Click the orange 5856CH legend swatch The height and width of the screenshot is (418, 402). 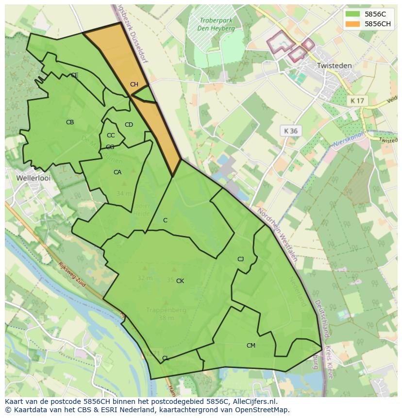click(x=353, y=24)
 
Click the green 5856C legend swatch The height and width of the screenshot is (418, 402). click(x=353, y=14)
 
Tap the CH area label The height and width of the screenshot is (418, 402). click(x=134, y=84)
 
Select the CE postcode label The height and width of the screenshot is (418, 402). click(x=74, y=75)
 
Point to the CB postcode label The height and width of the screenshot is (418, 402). click(x=70, y=122)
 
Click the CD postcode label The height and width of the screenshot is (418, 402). click(x=129, y=125)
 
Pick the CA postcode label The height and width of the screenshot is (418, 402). click(x=117, y=172)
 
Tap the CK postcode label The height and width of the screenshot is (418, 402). click(x=180, y=281)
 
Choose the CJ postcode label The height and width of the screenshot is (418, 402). click(x=240, y=259)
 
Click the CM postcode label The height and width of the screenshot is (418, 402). click(x=251, y=346)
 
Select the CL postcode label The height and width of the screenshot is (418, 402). click(x=166, y=358)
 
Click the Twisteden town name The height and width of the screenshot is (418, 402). click(x=334, y=65)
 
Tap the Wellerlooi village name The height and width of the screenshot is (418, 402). click(x=33, y=178)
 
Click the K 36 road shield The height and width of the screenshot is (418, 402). click(x=291, y=131)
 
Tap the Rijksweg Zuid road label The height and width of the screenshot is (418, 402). click(x=72, y=275)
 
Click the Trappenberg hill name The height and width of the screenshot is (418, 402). click(x=166, y=310)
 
